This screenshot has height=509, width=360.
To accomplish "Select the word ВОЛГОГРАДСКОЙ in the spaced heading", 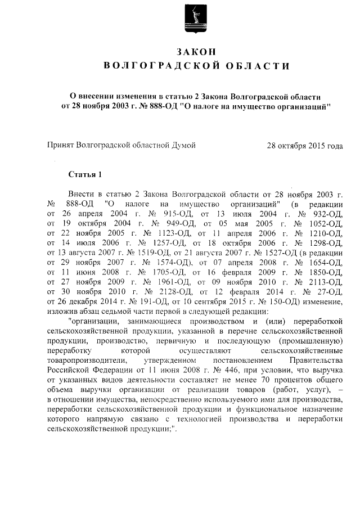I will click(159, 67).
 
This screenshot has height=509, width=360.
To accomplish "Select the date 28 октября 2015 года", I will click(305, 146).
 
